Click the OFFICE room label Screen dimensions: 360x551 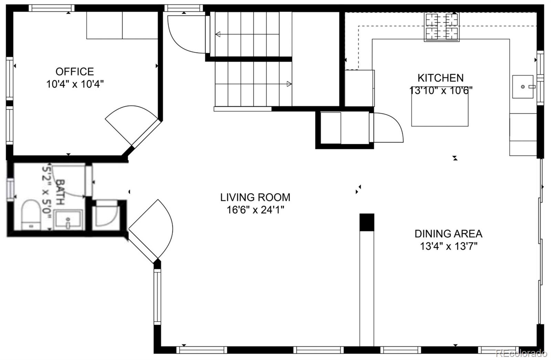pos(75,72)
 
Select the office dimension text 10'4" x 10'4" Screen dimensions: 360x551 pos(75,84)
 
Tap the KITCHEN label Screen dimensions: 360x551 pos(440,78)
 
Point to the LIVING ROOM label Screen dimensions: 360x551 pos(255,197)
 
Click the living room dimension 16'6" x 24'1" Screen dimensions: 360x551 pos(255,210)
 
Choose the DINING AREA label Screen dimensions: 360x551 pos(448,234)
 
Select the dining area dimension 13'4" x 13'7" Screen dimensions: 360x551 pos(448,246)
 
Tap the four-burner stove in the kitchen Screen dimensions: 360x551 pos(442,27)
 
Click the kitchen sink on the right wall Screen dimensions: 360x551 pos(522,87)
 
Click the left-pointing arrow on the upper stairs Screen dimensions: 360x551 pos(218,34)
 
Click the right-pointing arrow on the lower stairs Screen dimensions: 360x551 pos(289,84)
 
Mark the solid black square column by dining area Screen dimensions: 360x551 pos(367,222)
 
